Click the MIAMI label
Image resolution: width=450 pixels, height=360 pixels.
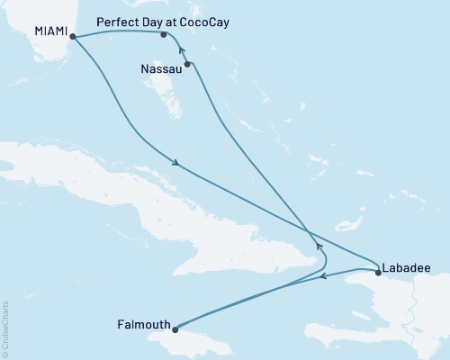pyautogui.click(x=49, y=31)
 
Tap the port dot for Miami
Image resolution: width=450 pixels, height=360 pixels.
pyautogui.click(x=72, y=37)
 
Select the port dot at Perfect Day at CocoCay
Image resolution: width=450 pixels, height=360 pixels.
pyautogui.click(x=163, y=35)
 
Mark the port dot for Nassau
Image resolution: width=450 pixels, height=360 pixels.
pyautogui.click(x=187, y=64)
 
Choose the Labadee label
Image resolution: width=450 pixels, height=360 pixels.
pyautogui.click(x=405, y=266)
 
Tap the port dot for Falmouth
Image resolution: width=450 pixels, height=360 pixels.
pyautogui.click(x=176, y=328)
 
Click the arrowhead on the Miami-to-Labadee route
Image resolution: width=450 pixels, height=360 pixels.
pyautogui.click(x=178, y=164)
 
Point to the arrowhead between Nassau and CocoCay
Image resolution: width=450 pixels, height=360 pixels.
pyautogui.click(x=181, y=50)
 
